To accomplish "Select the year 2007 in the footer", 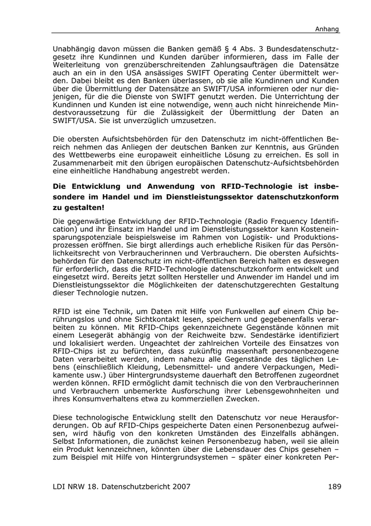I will click(179, 485).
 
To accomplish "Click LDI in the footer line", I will click(61, 485).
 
